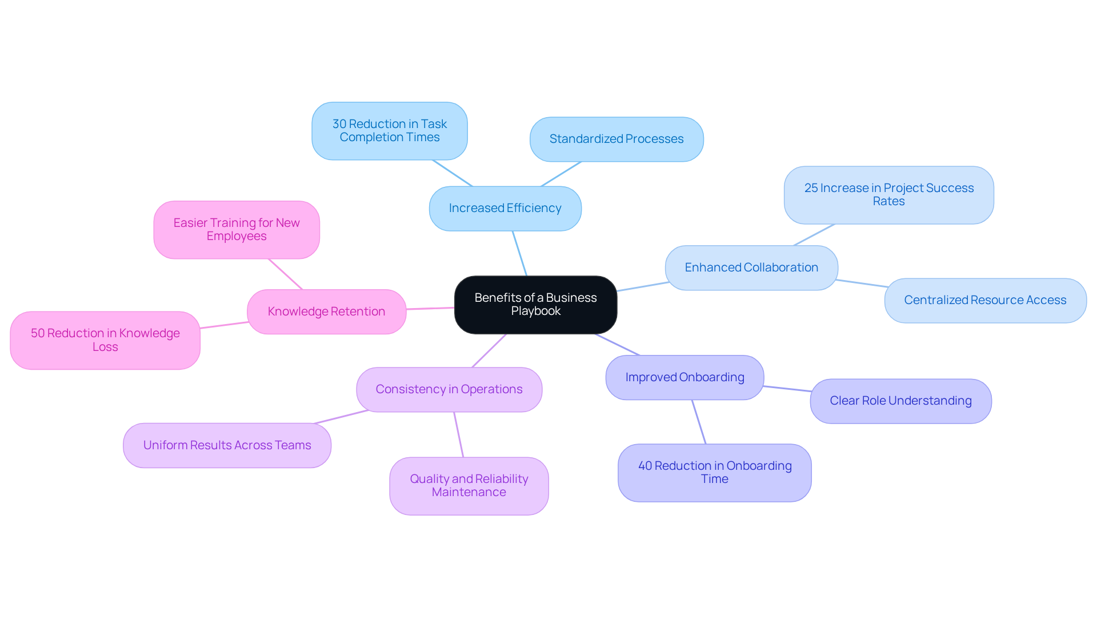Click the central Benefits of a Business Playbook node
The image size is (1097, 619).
(x=535, y=305)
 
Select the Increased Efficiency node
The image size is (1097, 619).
(x=505, y=209)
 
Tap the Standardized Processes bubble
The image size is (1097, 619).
(x=616, y=139)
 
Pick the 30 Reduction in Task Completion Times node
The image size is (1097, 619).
(x=390, y=131)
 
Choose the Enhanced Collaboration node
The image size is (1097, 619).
(x=751, y=268)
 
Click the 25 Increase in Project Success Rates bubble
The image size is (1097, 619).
(x=888, y=195)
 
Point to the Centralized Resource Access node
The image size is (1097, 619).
(x=985, y=301)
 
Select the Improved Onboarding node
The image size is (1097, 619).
(x=684, y=378)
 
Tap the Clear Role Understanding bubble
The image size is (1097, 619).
(x=900, y=401)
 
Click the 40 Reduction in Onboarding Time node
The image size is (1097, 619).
(x=714, y=473)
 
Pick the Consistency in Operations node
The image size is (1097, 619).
(x=449, y=390)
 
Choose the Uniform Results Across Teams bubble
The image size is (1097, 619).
(x=227, y=445)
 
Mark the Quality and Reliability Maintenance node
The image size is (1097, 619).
(x=469, y=486)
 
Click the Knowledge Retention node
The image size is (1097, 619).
(x=326, y=312)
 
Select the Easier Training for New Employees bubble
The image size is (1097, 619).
(x=236, y=230)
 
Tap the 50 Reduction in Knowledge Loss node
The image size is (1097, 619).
(x=105, y=340)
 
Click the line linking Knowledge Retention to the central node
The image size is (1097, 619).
(x=430, y=309)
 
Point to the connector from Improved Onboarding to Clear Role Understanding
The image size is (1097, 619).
(x=787, y=389)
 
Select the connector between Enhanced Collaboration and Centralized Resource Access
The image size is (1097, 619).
(x=862, y=283)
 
